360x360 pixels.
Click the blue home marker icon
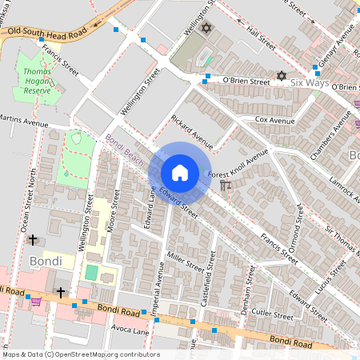tap(180, 172)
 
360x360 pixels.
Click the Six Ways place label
tap(310, 82)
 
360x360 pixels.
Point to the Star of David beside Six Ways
tap(281, 76)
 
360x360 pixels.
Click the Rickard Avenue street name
tap(192, 132)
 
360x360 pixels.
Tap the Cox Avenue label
tap(275, 119)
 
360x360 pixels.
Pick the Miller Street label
tap(185, 261)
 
